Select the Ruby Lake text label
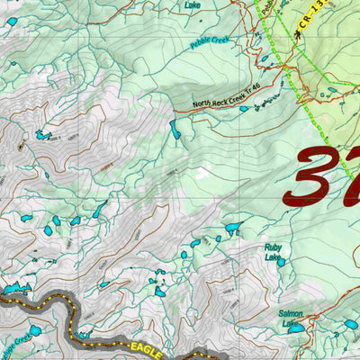(x=273, y=251)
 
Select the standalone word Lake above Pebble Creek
(x=193, y=4)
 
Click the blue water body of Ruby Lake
(x=281, y=262)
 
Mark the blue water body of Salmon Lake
(x=294, y=329)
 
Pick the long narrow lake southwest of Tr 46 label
(x=175, y=130)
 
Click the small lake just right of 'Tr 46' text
(x=244, y=109)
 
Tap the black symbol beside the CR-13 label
(x=298, y=33)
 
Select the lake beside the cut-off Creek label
(x=34, y=332)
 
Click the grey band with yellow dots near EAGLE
(x=54, y=306)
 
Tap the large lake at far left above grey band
(x=13, y=290)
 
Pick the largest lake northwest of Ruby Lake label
(x=234, y=228)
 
